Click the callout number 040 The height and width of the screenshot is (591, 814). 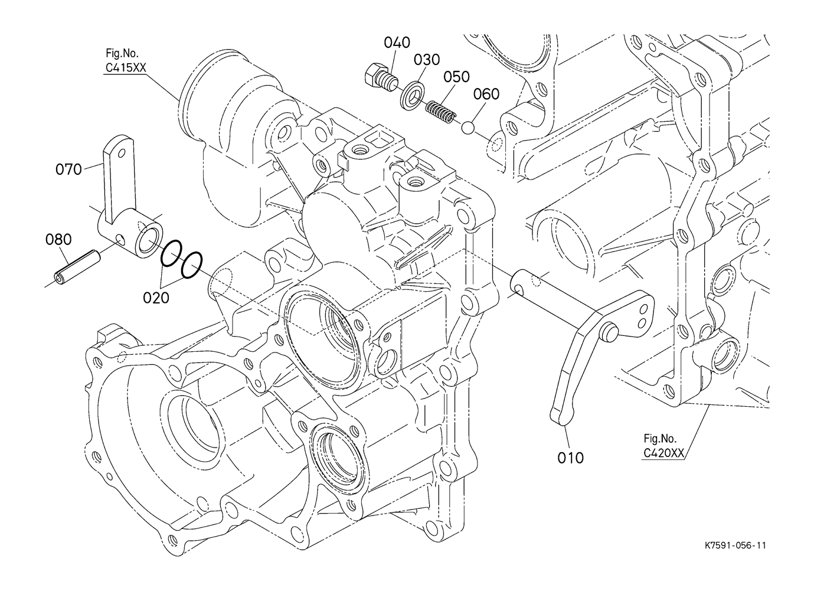397,43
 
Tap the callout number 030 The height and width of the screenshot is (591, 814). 427,60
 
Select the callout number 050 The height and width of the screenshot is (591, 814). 456,77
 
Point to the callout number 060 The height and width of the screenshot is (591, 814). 486,94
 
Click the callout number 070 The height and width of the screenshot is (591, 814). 68,169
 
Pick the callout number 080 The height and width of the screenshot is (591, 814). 58,240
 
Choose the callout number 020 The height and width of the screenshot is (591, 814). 156,298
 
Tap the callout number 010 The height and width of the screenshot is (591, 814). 571,458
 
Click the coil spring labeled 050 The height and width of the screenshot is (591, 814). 440,111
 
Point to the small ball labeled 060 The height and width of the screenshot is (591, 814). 467,128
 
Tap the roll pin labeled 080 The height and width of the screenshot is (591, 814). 77,267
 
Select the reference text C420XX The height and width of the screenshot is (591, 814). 663,453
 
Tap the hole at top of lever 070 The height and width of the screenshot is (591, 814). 122,153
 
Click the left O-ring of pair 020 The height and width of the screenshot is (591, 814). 171,253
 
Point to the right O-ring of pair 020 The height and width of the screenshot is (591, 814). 191,265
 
